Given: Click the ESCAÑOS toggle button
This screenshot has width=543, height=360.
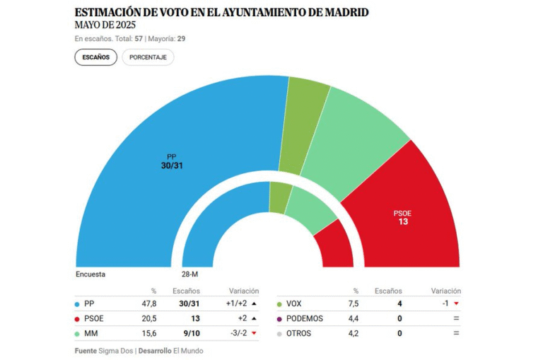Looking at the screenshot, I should coord(95,57).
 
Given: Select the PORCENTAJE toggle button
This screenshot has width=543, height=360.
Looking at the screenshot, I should coord(148,57).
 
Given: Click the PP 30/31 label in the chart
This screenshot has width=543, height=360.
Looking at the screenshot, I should coord(172,161).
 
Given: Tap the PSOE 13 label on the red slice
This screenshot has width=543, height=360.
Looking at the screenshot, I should coord(403,217).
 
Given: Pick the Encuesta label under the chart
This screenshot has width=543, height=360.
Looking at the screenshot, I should coord(90,274).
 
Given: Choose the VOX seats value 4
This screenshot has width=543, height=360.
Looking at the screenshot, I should coord(399,303).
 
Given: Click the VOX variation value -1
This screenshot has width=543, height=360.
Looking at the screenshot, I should coord(445,303).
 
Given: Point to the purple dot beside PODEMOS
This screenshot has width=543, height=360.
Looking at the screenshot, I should coord(280,318).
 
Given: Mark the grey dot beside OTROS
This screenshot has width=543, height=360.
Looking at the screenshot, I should coord(280,333).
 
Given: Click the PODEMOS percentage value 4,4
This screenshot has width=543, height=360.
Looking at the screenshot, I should coord(351,318).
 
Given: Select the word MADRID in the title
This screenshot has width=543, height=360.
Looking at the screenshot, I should coord(344,13).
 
